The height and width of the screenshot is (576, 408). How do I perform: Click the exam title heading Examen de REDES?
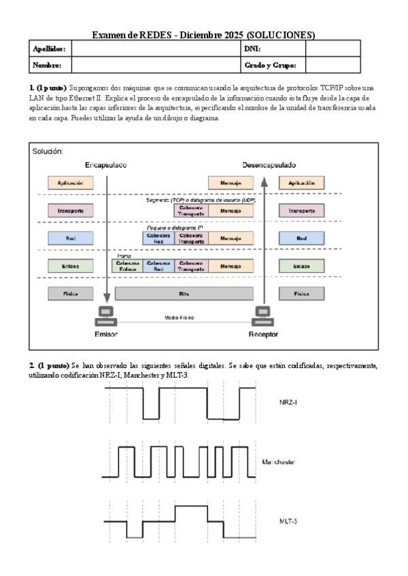point(203,34)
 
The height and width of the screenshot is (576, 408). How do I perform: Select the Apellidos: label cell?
point(47,49)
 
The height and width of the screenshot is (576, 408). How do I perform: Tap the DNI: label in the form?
point(252,49)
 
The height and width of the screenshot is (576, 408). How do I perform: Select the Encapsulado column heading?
point(105,165)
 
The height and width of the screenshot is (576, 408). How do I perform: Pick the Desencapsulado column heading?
point(269,165)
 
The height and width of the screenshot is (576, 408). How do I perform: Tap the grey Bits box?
point(184,294)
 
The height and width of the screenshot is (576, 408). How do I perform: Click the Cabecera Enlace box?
point(128,267)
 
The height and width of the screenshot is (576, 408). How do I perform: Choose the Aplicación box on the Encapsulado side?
point(71,183)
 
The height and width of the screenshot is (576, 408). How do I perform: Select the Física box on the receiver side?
point(301,294)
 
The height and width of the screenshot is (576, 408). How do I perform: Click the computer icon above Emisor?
point(106,316)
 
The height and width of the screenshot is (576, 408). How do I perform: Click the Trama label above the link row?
point(124,256)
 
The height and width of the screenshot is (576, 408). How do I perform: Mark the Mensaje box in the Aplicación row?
point(231,183)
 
